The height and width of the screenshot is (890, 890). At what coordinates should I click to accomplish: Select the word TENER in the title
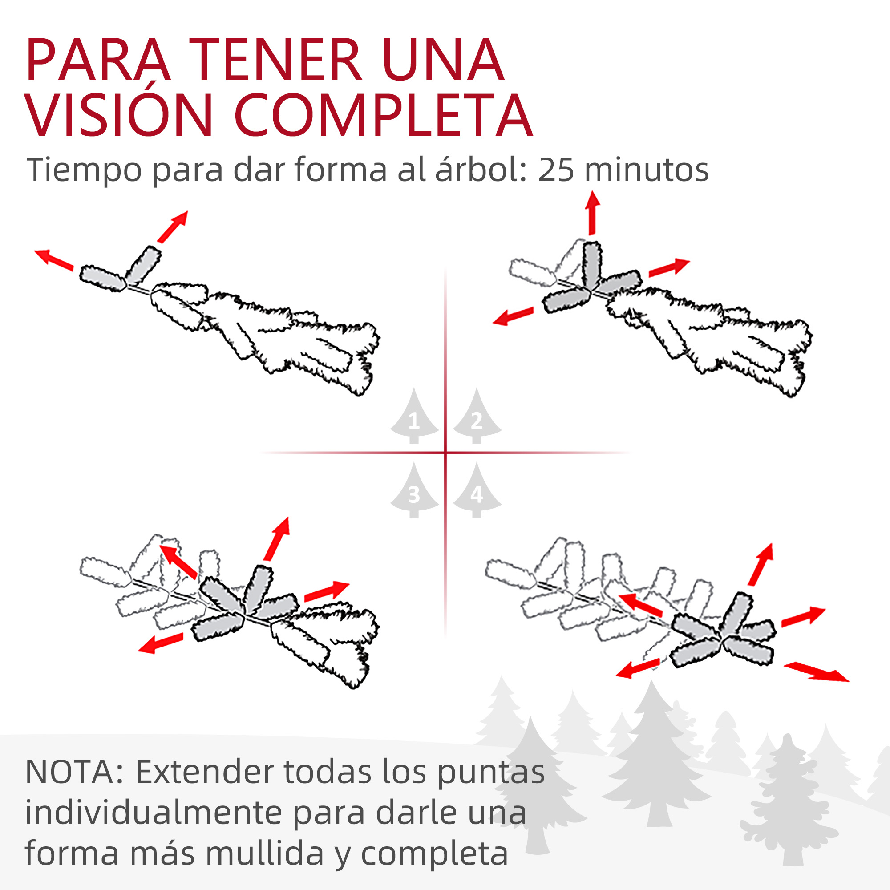coord(280,61)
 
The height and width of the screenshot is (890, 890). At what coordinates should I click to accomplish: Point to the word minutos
coord(646,170)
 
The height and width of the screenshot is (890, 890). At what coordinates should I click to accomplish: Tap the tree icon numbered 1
coord(414,416)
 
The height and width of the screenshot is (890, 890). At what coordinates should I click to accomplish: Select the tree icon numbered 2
coord(477,416)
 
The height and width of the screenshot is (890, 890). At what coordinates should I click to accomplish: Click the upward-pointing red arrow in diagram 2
coord(592,213)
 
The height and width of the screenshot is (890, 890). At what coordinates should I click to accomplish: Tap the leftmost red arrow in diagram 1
coord(54,259)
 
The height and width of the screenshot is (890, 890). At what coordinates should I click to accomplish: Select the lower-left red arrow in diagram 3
coord(161,643)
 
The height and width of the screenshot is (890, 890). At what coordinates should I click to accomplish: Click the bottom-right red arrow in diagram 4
coord(816,671)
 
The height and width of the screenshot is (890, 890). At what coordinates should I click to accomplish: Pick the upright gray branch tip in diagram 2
coord(592,265)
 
